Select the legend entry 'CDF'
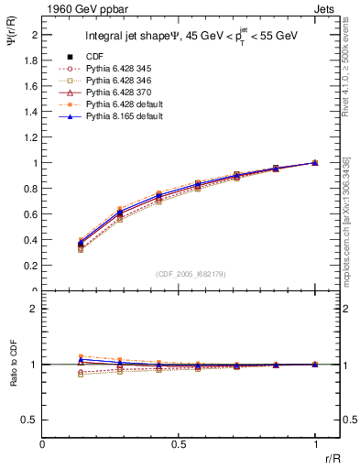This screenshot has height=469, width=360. coord(95,56)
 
